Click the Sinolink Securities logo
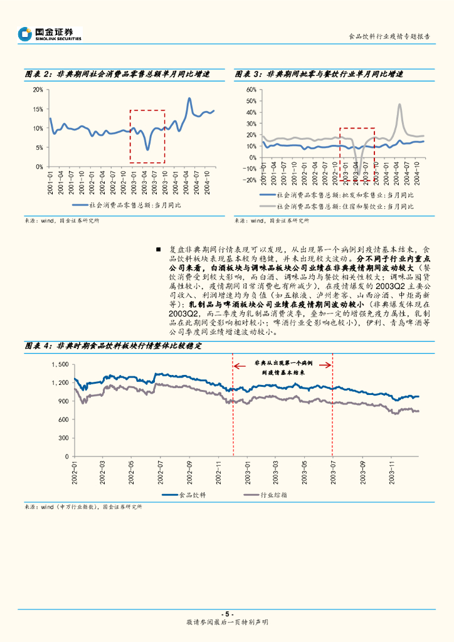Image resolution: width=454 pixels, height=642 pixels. point(50,34)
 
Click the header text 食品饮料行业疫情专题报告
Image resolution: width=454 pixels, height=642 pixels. point(389,36)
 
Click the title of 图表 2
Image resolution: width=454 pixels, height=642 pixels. point(116,74)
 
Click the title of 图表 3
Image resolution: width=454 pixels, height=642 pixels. point(319,74)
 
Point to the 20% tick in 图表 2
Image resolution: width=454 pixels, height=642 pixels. point(38,89)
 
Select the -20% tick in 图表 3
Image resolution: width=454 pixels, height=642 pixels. point(250,180)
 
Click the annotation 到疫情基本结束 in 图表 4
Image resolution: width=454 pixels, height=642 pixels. point(283,372)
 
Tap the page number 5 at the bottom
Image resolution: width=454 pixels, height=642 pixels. point(227,614)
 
